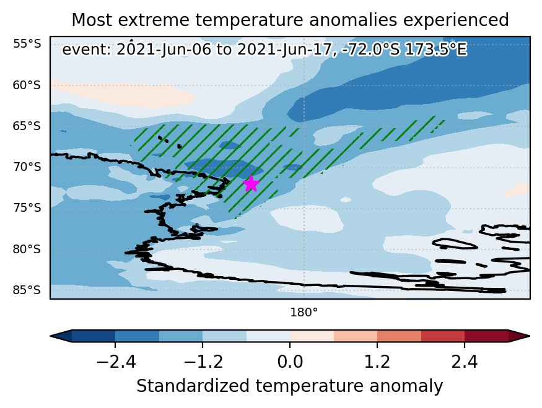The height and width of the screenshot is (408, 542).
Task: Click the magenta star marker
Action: click(251, 183)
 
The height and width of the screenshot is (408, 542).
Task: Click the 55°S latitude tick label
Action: click(27, 44)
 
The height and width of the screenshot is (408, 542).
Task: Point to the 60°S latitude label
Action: click(27, 85)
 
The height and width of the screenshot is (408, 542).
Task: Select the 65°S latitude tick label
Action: click(27, 126)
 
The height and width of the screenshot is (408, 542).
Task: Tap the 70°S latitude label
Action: click(27, 167)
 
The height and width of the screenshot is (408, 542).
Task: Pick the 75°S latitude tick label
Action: click(27, 207)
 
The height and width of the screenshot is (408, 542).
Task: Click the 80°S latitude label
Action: click(27, 249)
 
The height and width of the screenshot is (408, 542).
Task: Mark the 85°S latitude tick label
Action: click(27, 290)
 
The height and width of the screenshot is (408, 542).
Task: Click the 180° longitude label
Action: click(304, 313)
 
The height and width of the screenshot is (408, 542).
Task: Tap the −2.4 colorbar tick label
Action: click(116, 362)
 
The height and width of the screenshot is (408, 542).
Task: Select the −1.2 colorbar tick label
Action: click(203, 362)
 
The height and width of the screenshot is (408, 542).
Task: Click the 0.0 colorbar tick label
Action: click(290, 362)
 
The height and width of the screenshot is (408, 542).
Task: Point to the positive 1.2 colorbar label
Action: click(377, 362)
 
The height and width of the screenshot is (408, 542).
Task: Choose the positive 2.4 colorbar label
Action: click(464, 362)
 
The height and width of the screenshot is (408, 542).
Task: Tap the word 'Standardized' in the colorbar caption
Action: click(193, 386)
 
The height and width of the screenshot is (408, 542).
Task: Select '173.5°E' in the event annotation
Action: click(435, 50)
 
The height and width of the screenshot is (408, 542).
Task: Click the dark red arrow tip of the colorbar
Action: click(529, 336)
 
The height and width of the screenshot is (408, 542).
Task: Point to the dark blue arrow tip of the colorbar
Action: click(51, 336)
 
